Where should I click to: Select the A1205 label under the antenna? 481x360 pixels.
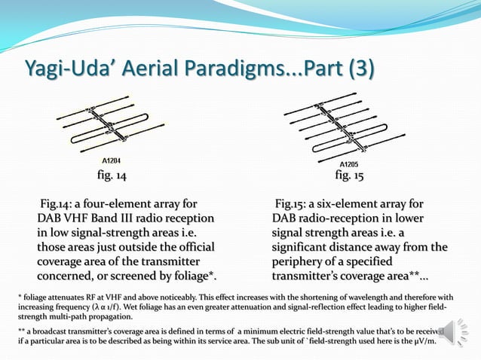coord(348,164)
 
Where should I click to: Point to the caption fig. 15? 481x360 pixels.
coord(349,175)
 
